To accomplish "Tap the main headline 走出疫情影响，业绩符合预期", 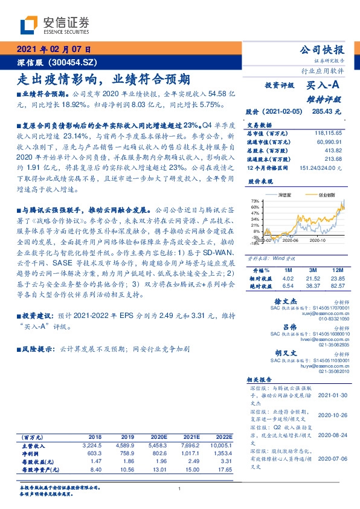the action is tap(103, 79).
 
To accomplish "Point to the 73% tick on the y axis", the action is tap(256, 201).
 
